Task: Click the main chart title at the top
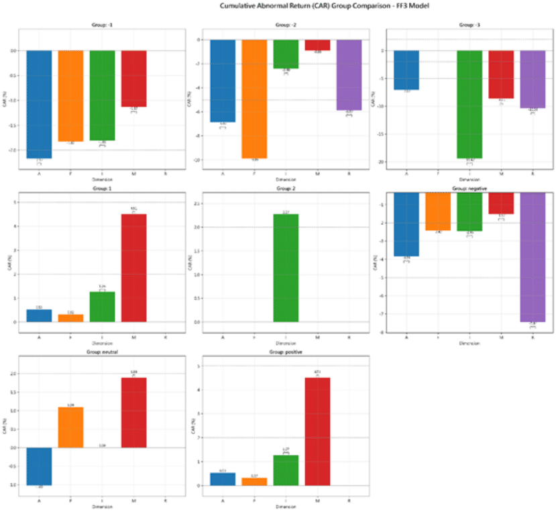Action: pos(278,5)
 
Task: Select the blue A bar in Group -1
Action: pos(39,104)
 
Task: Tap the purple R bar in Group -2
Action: pos(349,74)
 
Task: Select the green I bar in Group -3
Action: pos(469,104)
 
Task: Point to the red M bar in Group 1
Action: pos(133,268)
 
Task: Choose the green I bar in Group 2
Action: pos(286,268)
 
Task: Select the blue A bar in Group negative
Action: pos(406,224)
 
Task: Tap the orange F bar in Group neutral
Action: pos(70,427)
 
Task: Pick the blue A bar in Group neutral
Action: pos(39,466)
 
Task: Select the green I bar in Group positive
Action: pos(286,470)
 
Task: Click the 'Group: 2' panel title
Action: pos(286,190)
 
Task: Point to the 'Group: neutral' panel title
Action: pos(102,353)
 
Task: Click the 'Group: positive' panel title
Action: pos(286,353)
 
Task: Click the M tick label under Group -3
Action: pos(501,174)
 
